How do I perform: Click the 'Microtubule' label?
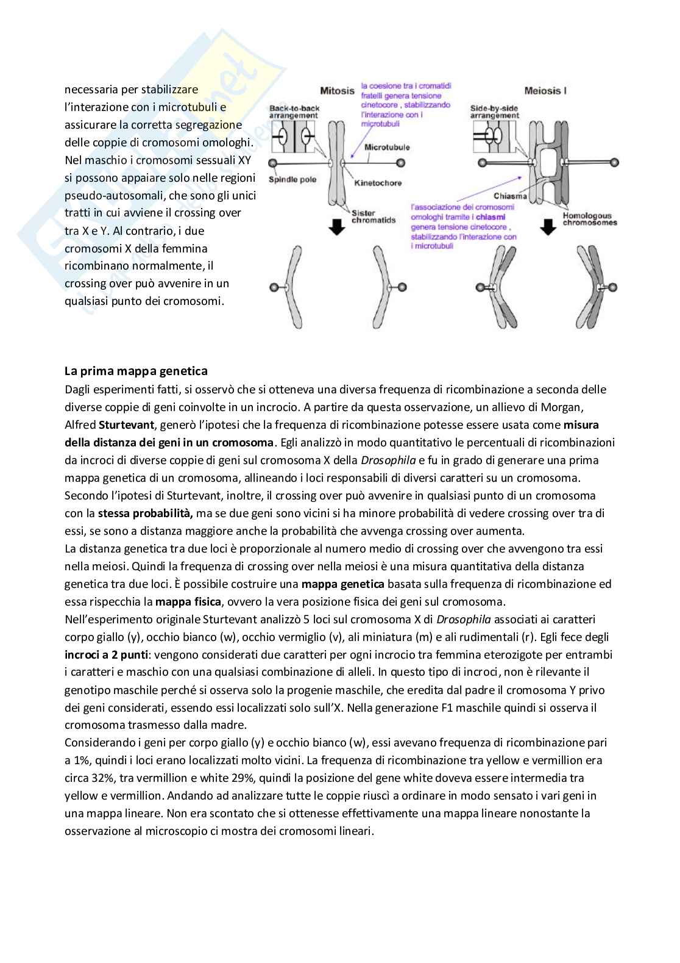point(387,147)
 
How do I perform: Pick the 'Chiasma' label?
point(510,196)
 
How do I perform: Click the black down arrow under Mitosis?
point(336,227)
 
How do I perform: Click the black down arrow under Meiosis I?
point(548,227)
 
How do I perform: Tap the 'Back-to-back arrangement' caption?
point(294,112)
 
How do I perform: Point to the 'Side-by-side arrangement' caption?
point(495,112)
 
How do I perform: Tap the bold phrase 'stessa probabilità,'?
point(146,513)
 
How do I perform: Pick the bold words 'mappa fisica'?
point(188,601)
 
